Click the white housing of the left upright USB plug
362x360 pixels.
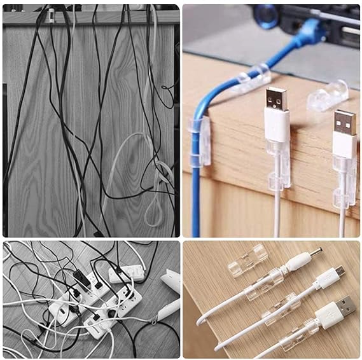click(x=277, y=125)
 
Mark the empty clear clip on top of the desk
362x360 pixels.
click(x=328, y=95)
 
